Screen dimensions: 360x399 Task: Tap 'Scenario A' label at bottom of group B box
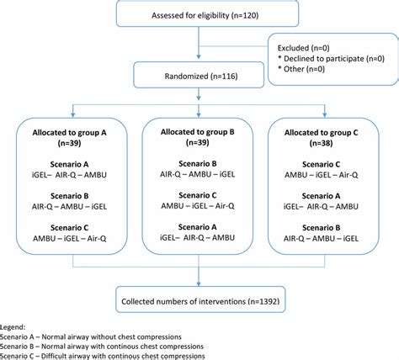(199, 226)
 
